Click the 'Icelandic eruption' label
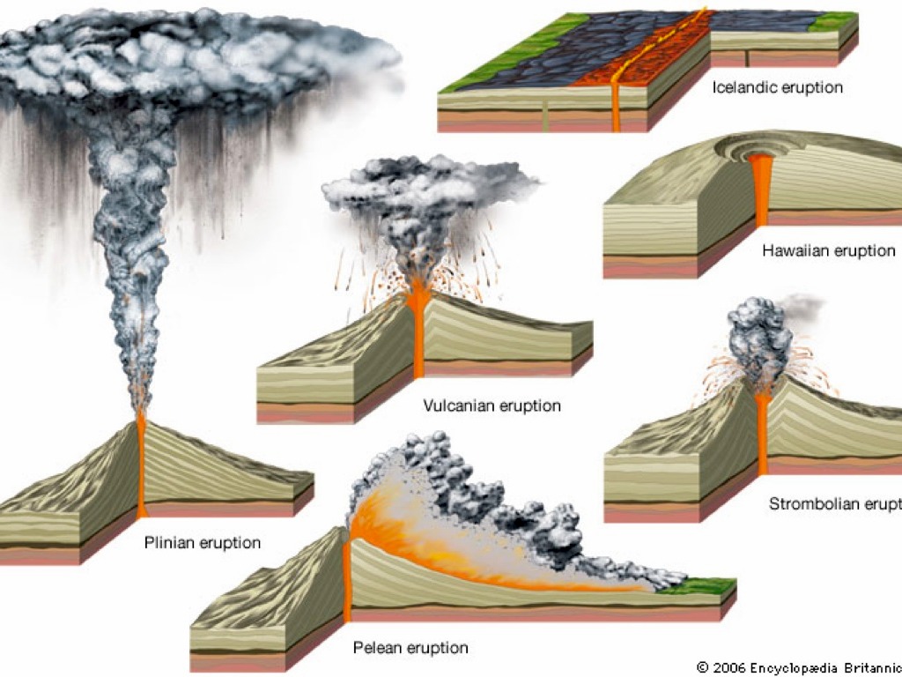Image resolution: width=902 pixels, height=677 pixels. coord(778,87)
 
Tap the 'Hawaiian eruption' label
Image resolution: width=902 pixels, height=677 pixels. coord(828,250)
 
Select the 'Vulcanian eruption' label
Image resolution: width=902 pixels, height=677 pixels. coord(492,405)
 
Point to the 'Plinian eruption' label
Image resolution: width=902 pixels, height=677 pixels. coord(203,542)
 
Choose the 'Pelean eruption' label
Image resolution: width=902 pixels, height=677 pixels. coord(410,648)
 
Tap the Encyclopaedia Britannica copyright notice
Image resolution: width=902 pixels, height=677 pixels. coord(798,667)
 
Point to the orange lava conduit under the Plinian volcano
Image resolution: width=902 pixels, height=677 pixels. coord(141,467)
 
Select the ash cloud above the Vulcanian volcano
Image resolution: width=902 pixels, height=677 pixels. coord(423,190)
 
